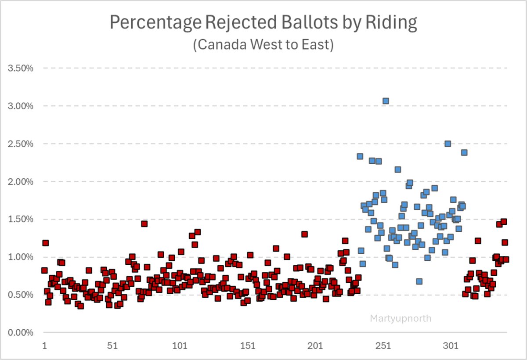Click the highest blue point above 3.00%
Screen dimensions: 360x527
386,101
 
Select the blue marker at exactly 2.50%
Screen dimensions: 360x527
448,144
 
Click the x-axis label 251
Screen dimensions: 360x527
384,346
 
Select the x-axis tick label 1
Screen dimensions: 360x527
44,346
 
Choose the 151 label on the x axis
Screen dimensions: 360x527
248,346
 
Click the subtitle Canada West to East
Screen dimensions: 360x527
263,45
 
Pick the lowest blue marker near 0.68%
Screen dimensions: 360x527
419,281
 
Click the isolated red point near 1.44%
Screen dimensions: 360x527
144,224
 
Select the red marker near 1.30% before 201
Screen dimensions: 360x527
304,234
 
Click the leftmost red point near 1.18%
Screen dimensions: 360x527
45,243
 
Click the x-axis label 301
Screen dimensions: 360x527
451,346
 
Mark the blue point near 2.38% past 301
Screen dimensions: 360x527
464,152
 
